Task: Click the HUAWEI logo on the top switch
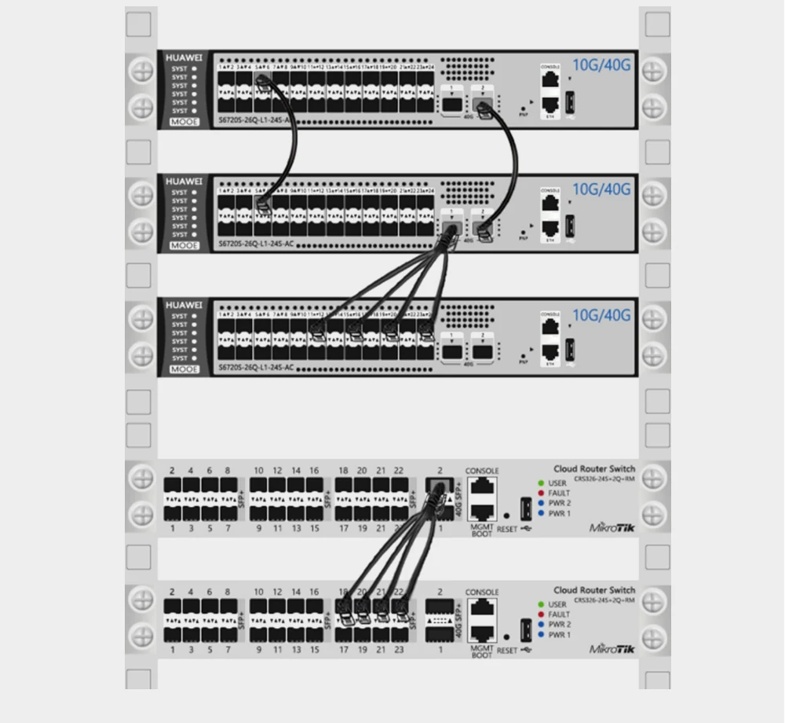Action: pos(184,58)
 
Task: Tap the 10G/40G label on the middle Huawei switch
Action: pos(601,189)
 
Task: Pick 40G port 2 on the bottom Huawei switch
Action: pos(482,351)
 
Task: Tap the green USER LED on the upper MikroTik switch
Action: pos(541,483)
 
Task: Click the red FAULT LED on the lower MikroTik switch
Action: pos(541,615)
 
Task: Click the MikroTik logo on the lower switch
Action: pos(612,649)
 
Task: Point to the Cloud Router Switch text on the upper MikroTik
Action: pos(594,469)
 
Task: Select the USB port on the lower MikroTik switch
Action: pos(526,629)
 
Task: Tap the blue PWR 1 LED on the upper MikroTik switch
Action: pos(541,514)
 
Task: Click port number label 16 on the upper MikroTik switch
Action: pos(314,471)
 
